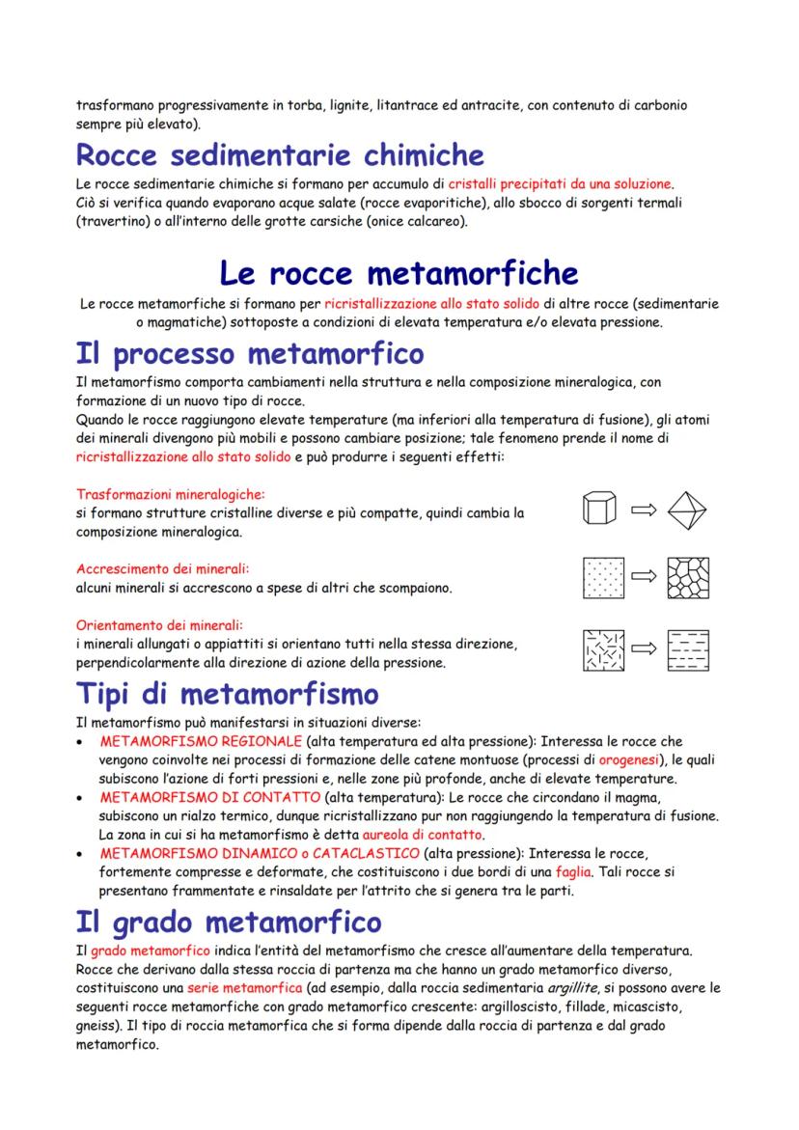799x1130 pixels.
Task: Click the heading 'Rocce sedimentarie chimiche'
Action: pyautogui.click(x=280, y=154)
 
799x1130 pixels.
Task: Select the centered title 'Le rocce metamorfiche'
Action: pyautogui.click(x=399, y=272)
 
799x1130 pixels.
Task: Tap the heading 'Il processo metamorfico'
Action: pyautogui.click(x=249, y=353)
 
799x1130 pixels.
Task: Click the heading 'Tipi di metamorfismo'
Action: pyautogui.click(x=227, y=693)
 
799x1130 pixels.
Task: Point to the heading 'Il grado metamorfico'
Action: pyautogui.click(x=228, y=923)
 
